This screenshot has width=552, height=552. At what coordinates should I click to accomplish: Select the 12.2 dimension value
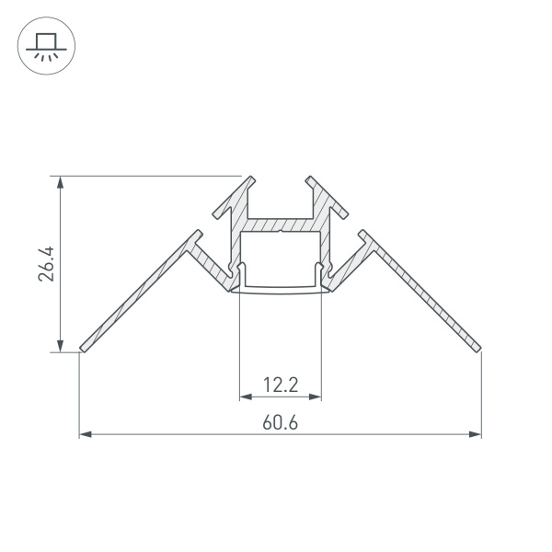[x=280, y=385]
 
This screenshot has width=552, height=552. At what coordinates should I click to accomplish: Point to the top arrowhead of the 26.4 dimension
[x=61, y=181]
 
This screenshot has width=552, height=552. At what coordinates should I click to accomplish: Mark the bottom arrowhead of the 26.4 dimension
[x=61, y=345]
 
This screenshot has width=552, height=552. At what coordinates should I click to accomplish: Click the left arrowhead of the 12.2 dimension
[x=245, y=397]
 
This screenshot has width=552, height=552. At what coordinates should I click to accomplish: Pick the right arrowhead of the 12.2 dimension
[x=316, y=397]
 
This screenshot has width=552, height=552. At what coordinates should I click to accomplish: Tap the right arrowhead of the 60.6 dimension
[x=476, y=433]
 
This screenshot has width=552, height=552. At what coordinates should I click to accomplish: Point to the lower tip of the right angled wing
[x=478, y=347]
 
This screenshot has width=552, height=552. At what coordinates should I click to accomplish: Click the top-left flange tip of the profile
[x=248, y=178]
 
